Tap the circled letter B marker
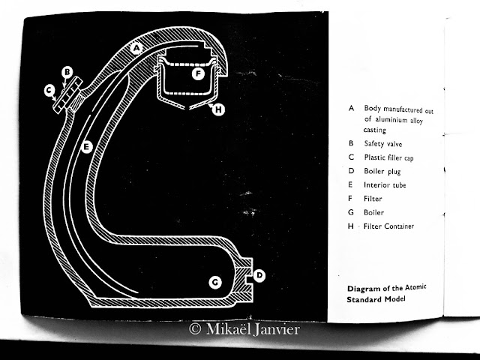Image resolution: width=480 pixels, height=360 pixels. point(67,72)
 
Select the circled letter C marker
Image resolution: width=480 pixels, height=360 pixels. point(49,90)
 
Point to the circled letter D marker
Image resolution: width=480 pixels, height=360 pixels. point(259,275)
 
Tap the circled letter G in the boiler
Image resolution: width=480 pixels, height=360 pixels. point(215,282)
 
